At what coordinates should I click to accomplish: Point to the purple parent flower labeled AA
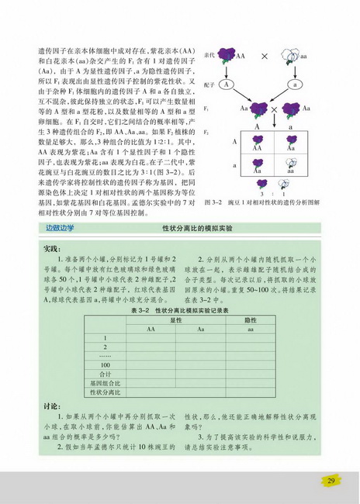[230, 57]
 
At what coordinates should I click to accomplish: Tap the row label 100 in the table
[105, 364]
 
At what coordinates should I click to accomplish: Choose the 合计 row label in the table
[105, 374]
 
